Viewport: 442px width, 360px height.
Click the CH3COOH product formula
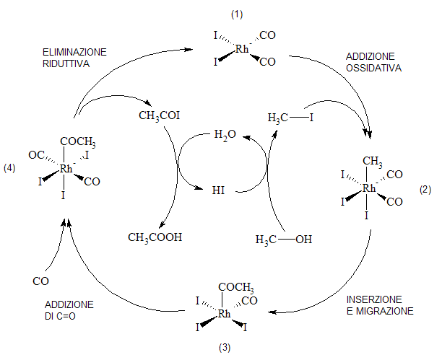pyautogui.click(x=155, y=237)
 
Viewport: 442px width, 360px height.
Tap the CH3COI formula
pyautogui.click(x=160, y=115)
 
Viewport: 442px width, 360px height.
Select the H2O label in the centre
pyautogui.click(x=225, y=135)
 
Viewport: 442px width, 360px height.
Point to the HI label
pyautogui.click(x=218, y=190)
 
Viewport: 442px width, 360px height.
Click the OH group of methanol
pyautogui.click(x=303, y=240)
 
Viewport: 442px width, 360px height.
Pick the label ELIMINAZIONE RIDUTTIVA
pyautogui.click(x=74, y=58)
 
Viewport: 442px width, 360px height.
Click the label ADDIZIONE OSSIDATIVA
pyautogui.click(x=373, y=62)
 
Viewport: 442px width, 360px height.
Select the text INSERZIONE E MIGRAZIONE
pyautogui.click(x=380, y=305)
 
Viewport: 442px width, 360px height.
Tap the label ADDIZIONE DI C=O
pyautogui.click(x=69, y=310)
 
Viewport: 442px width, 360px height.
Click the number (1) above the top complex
pyautogui.click(x=237, y=14)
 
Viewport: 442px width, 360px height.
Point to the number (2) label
pyautogui.click(x=425, y=190)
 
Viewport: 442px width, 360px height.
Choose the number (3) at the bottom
pyautogui.click(x=225, y=348)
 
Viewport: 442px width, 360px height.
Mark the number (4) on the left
pyautogui.click(x=9, y=168)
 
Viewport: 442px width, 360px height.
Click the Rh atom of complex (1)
pyautogui.click(x=242, y=49)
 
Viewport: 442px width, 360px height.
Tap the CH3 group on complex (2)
pyautogui.click(x=373, y=162)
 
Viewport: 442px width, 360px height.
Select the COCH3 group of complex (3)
pyautogui.click(x=236, y=288)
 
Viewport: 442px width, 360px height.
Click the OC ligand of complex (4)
pyautogui.click(x=36, y=155)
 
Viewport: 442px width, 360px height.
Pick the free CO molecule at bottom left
pyautogui.click(x=40, y=281)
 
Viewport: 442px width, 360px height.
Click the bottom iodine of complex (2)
pyautogui.click(x=366, y=216)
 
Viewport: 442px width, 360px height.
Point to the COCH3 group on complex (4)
pyautogui.click(x=78, y=142)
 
